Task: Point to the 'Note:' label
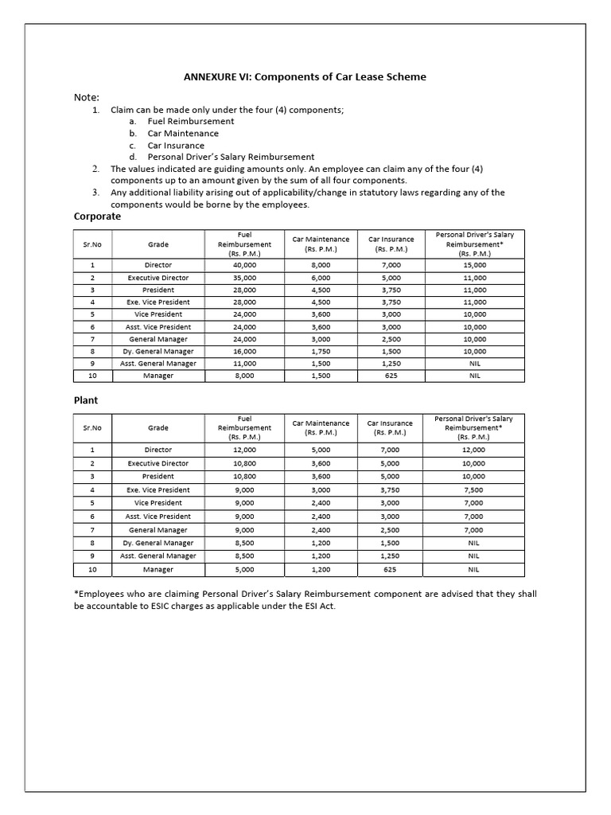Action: tap(87, 97)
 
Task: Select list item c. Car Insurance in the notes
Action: tap(176, 146)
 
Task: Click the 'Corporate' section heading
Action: tap(97, 216)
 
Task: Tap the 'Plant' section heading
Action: tap(86, 400)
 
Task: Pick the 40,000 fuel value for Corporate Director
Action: tap(244, 265)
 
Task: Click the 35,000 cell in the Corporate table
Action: tap(244, 278)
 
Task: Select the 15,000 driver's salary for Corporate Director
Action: tap(474, 265)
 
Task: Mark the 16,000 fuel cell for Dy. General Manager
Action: tap(244, 351)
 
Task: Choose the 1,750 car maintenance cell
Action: tap(321, 351)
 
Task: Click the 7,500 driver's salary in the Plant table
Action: tap(473, 490)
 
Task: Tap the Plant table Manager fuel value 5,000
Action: tap(244, 570)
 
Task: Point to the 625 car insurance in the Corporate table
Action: tap(391, 376)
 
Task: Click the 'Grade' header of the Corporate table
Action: tap(158, 244)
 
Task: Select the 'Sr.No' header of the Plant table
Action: tap(92, 428)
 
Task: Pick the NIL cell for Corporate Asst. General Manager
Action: tap(474, 364)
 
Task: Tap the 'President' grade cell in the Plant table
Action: tap(158, 477)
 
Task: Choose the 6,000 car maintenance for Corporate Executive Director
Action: tap(321, 278)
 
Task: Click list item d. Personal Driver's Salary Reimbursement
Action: tap(231, 158)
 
